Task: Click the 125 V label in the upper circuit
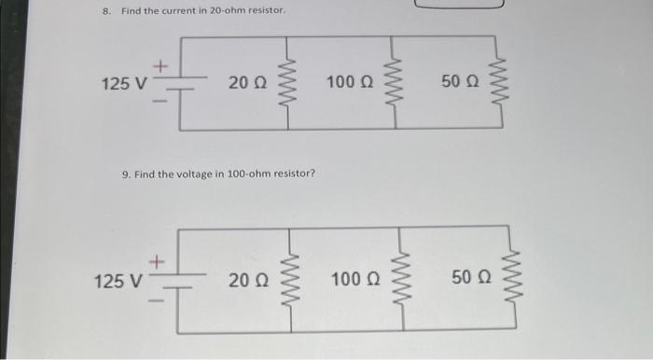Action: (123, 84)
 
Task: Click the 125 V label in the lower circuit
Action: (117, 279)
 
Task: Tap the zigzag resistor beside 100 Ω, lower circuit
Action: (404, 278)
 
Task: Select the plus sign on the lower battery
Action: (158, 264)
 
